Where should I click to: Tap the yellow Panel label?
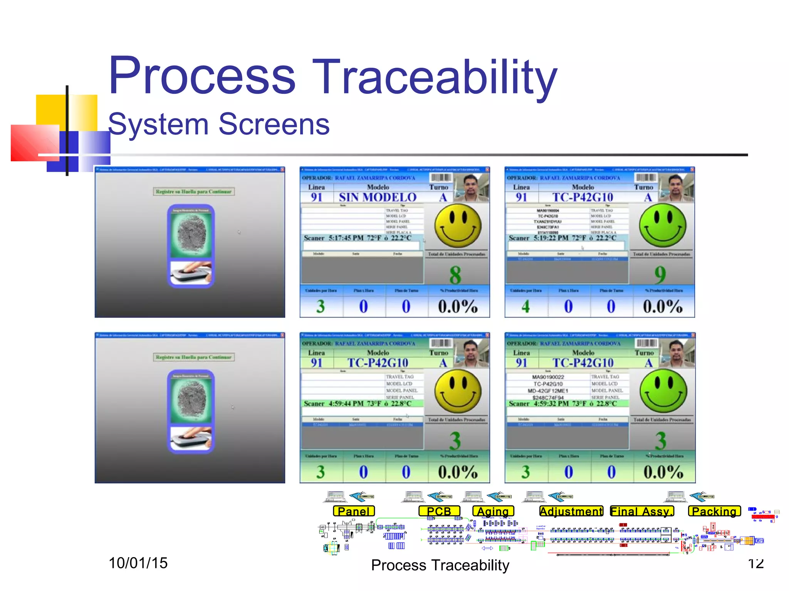tap(354, 511)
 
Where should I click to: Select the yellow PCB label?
tap(439, 511)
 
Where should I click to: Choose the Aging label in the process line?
tap(493, 511)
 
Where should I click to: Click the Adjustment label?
tap(571, 511)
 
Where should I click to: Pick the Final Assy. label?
tap(642, 511)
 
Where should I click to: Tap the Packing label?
tap(714, 511)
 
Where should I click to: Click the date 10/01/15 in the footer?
tap(138, 563)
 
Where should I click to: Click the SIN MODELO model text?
tap(378, 197)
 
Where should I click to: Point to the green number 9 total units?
tap(660, 275)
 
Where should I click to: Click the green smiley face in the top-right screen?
tap(663, 226)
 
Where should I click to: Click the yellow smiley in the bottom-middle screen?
tap(458, 391)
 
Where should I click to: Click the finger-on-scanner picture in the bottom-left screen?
tap(191, 438)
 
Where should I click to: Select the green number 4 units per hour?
tap(525, 307)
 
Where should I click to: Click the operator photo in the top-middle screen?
tap(472, 188)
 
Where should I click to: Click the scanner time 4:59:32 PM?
tap(551, 404)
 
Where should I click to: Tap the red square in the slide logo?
tap(35, 142)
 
